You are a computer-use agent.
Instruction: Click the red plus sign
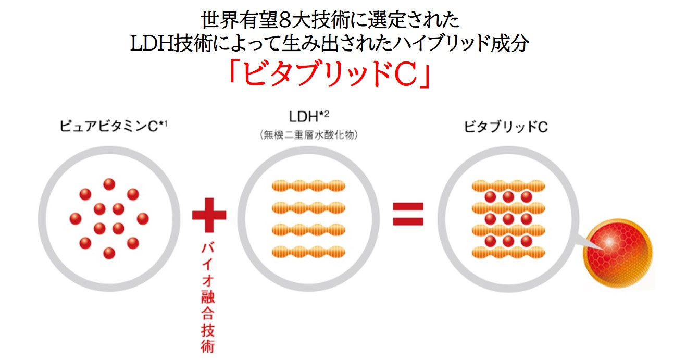[x=209, y=215]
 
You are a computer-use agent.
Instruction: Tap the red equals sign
[x=408, y=214]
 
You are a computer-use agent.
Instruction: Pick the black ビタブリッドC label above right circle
[x=506, y=127]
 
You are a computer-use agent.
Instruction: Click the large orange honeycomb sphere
[x=618, y=256]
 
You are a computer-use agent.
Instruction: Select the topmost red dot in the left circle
[x=109, y=184]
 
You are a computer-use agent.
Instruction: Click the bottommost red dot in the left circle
[x=109, y=253]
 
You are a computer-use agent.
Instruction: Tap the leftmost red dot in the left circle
[x=76, y=218]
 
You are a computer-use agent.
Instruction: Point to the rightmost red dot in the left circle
[x=142, y=218]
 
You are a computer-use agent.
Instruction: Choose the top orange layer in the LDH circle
[x=309, y=186]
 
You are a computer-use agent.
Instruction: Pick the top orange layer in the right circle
[x=508, y=186]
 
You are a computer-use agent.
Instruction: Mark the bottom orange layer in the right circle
[x=508, y=252]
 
